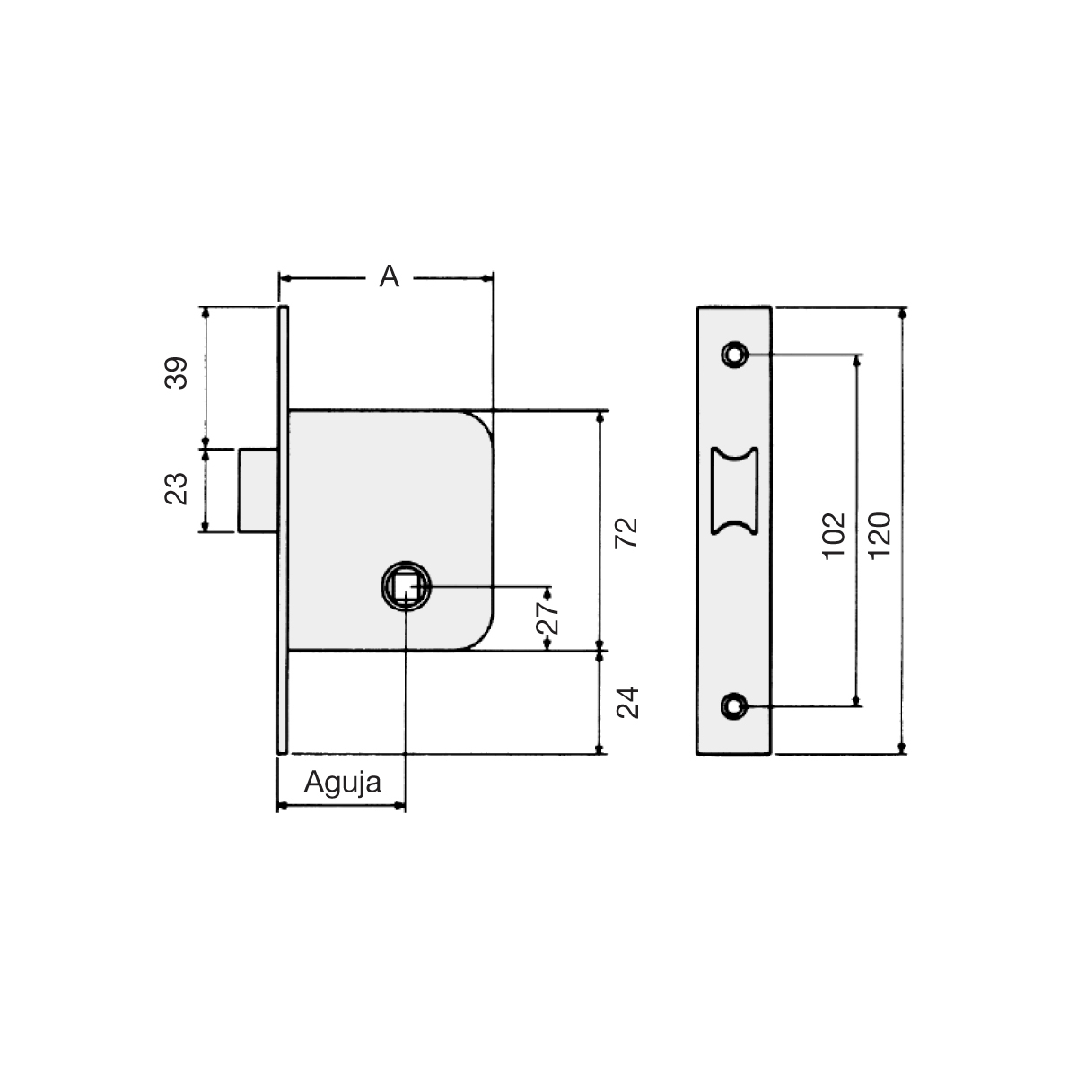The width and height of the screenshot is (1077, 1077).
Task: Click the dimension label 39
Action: pos(177,372)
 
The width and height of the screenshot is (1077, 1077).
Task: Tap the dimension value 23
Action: pos(177,489)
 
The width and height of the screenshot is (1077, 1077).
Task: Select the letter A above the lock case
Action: pos(389,276)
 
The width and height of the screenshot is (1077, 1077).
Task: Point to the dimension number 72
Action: pos(626,533)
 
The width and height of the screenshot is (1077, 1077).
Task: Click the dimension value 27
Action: pos(547,617)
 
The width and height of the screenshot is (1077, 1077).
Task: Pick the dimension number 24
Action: pos(627,702)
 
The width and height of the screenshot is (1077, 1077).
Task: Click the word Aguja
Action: pos(343,784)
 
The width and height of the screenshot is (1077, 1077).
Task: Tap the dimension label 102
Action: pos(834,536)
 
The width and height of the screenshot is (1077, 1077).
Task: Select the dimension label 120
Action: pos(880,536)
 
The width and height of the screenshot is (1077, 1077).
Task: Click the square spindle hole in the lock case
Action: pos(407,586)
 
